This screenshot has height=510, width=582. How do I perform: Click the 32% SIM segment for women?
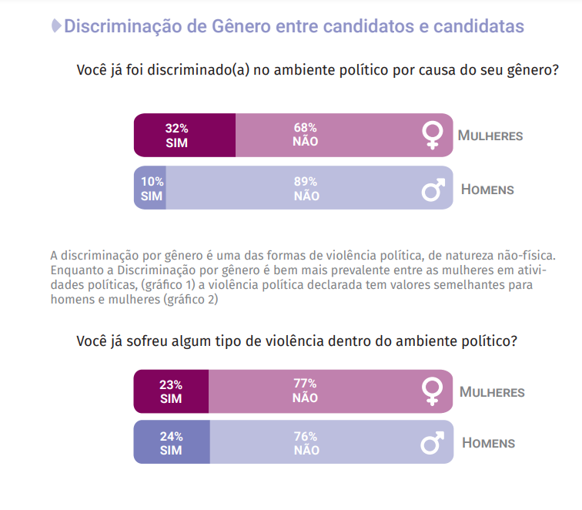coord(184,135)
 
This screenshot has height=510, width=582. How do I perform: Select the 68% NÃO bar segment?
coord(323,135)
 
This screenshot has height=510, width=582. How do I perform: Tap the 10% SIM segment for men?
coord(151,188)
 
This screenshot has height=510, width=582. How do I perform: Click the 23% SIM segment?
coord(171,391)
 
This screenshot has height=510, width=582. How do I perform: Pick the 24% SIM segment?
coord(171,442)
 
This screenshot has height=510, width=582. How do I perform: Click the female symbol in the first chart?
coord(433,136)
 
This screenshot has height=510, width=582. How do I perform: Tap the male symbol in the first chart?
coord(433,188)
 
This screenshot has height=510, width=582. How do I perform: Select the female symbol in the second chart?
coord(433,391)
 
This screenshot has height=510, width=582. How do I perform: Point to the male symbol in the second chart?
coord(433,442)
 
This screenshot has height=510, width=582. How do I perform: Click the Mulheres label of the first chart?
coord(490,136)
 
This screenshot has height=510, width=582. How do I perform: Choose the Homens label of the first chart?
coord(487,189)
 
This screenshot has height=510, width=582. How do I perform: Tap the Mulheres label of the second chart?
coord(492,392)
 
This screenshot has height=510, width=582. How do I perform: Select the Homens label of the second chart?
coord(489,443)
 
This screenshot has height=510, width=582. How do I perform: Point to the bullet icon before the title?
coord(55,26)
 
